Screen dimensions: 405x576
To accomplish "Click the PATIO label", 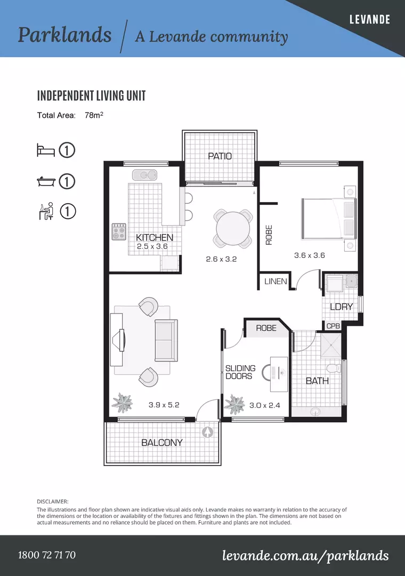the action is click(x=220, y=156).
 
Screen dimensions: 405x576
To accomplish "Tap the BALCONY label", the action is click(x=162, y=443).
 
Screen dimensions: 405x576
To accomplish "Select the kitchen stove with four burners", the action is click(x=119, y=231).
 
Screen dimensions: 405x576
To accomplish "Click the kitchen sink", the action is click(x=144, y=174).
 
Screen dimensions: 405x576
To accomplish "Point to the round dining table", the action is click(x=233, y=229).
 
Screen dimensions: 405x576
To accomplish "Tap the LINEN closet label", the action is click(x=276, y=282).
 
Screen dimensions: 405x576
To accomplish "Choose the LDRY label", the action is click(x=341, y=307).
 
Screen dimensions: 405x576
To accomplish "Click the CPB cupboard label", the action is click(x=333, y=326).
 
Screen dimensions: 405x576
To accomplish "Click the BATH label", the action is click(x=317, y=381).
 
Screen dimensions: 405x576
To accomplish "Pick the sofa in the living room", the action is click(x=166, y=340).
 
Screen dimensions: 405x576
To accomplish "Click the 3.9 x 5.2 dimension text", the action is click(x=164, y=405).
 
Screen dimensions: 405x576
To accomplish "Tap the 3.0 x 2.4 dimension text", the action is click(x=264, y=405).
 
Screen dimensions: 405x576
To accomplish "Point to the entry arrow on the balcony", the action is click(x=207, y=432).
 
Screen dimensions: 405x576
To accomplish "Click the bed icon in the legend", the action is click(x=46, y=150).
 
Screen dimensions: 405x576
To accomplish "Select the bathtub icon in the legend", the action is click(x=46, y=181).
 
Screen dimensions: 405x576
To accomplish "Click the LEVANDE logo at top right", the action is click(x=369, y=20).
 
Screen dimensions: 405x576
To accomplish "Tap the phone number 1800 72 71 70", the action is click(x=47, y=555).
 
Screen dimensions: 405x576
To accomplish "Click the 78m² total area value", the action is click(x=94, y=115).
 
